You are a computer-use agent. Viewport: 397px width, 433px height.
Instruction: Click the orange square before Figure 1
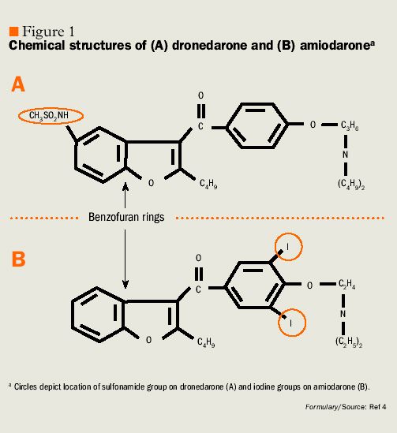pos(13,32)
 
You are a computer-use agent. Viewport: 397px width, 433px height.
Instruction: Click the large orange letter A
pos(18,84)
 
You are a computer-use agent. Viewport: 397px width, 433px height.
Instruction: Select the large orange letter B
pos(18,259)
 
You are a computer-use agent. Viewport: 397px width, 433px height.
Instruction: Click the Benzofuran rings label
pos(126,217)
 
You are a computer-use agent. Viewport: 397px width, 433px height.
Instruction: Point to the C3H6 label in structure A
pos(350,125)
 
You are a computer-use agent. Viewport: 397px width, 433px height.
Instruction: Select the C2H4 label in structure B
pos(346,285)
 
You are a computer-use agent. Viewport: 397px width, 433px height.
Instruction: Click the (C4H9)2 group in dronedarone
pos(351,185)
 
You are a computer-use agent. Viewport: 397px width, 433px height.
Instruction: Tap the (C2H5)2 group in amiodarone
pos(349,342)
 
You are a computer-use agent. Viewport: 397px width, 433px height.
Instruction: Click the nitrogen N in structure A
pos(345,155)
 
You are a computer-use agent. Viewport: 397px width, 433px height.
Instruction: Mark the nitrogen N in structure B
pos(343,314)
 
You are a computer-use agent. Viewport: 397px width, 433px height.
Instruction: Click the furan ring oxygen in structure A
pos(151,183)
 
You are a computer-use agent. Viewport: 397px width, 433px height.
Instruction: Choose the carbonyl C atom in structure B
pos(198,289)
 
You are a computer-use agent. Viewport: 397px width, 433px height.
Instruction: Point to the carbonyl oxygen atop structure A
pos(200,95)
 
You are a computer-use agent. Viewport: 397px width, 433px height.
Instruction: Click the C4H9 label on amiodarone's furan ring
pos(206,343)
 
